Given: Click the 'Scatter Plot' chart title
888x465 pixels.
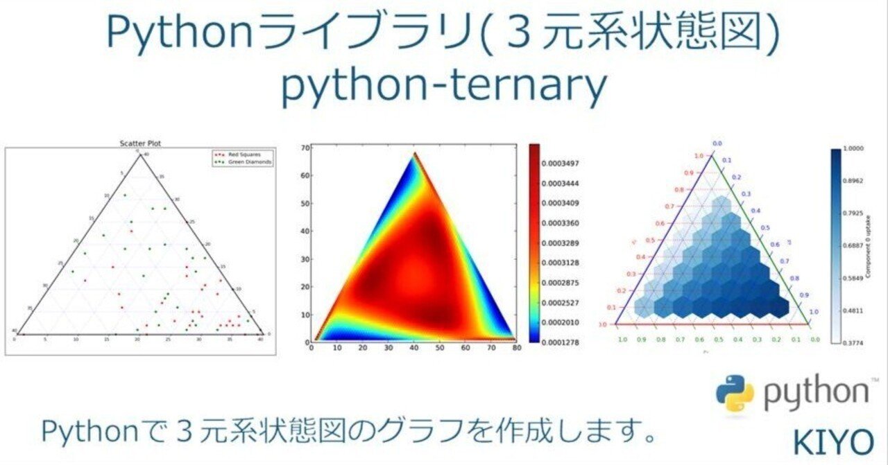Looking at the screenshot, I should click(141, 144).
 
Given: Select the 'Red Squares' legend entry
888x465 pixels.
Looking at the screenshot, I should click(242, 154).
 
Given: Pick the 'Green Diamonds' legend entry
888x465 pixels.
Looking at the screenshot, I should click(246, 161).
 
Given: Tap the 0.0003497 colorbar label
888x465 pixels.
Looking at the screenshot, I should click(565, 164).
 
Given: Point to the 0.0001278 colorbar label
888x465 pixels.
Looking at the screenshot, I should click(565, 342).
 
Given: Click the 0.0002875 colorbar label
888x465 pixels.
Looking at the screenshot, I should click(565, 283).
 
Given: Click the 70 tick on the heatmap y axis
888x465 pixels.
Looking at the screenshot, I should click(305, 148).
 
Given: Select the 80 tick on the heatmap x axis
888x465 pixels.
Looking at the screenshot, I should click(515, 350).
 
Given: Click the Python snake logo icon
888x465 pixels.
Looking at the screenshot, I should click(735, 394).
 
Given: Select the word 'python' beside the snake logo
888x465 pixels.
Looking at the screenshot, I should click(816, 396).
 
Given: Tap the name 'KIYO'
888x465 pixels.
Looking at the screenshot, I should click(833, 441).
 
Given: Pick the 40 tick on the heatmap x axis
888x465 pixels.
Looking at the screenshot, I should click(414, 350).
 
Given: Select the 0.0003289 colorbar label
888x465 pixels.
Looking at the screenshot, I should click(565, 243).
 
